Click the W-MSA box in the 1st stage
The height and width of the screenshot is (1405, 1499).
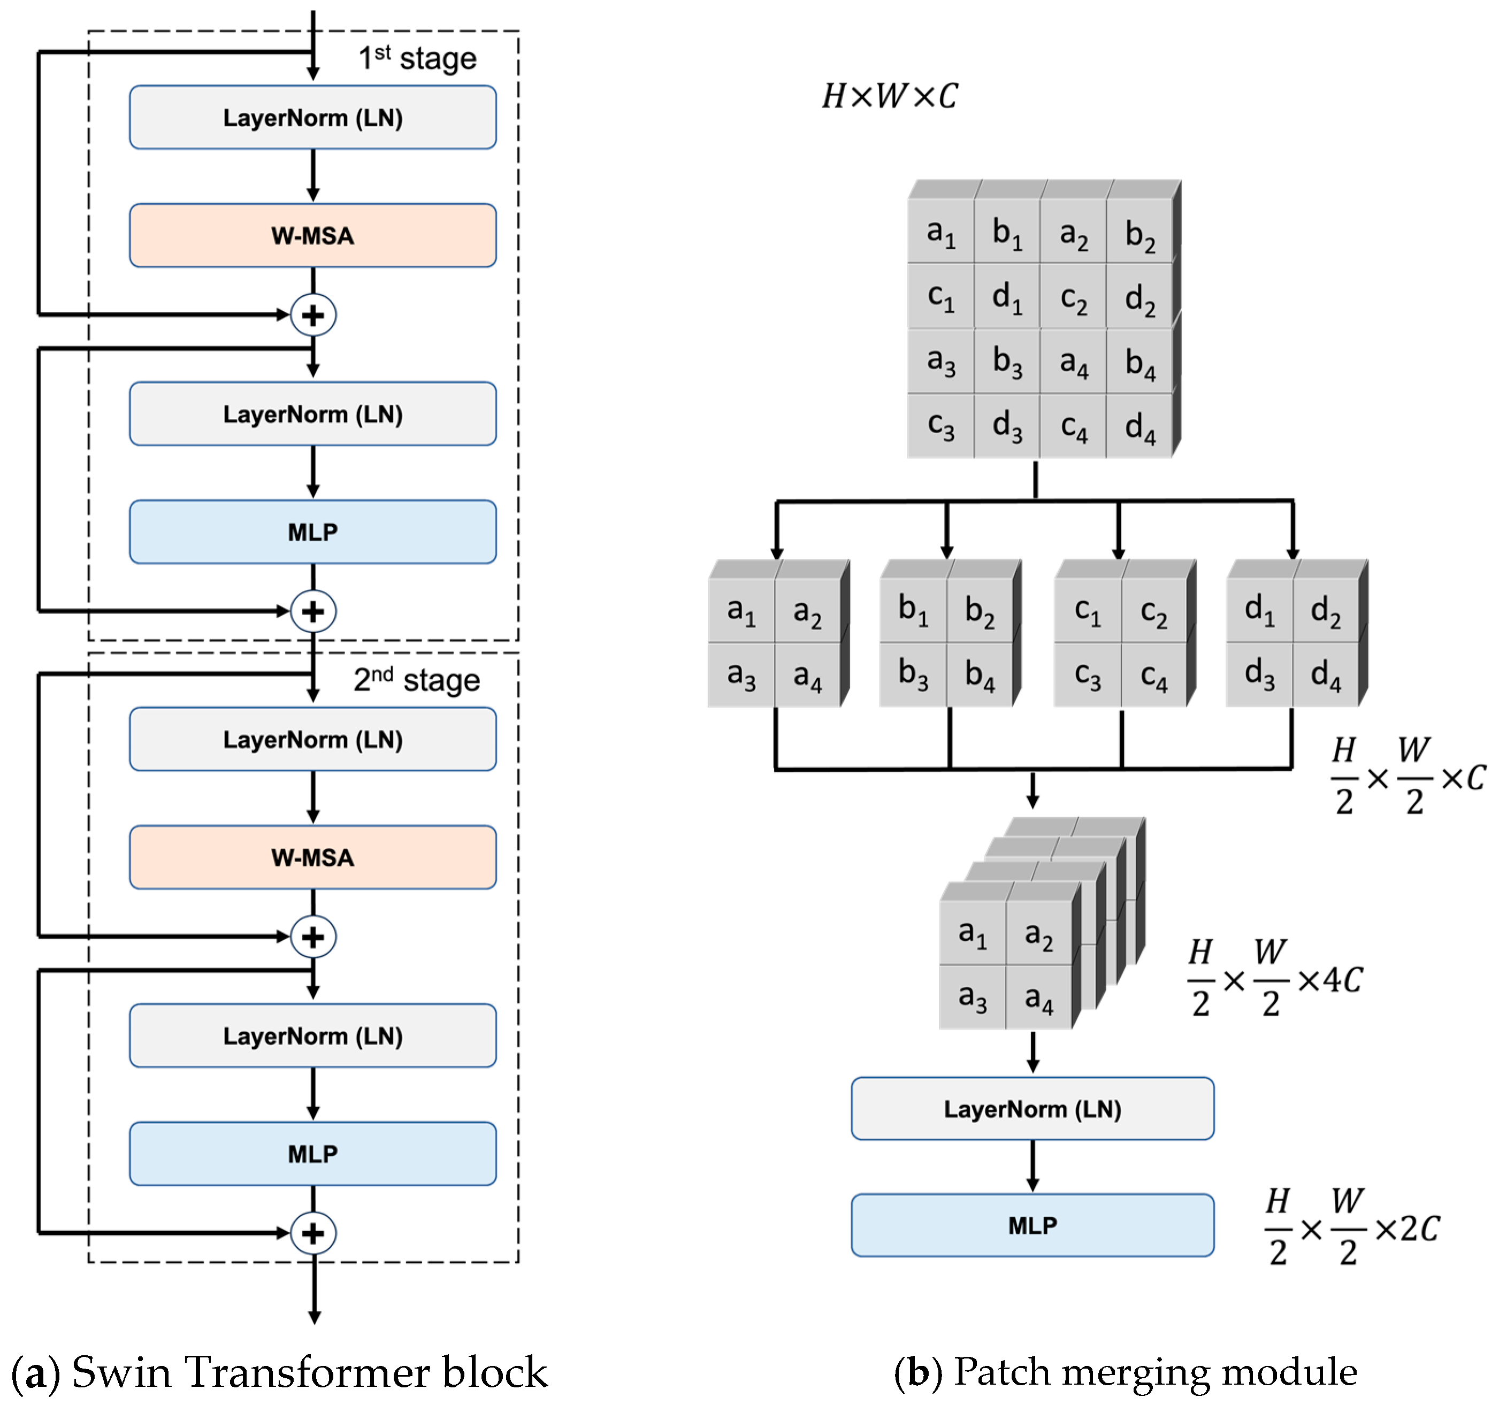click(312, 235)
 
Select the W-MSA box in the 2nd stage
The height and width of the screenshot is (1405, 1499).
click(312, 857)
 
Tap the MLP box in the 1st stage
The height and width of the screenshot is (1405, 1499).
click(312, 532)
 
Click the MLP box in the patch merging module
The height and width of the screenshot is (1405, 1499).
click(1033, 1225)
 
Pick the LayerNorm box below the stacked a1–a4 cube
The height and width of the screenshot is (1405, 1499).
click(1033, 1109)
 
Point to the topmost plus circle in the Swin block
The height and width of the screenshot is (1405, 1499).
click(313, 315)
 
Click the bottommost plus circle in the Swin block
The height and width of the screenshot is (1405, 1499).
click(313, 1233)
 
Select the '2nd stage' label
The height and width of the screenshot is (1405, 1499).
click(416, 680)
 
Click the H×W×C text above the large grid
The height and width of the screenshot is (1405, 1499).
click(890, 96)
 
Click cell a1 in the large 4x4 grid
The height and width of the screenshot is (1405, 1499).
click(940, 232)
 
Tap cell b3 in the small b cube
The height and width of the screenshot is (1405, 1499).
click(912, 673)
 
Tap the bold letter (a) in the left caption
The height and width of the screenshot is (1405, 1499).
click(35, 1372)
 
